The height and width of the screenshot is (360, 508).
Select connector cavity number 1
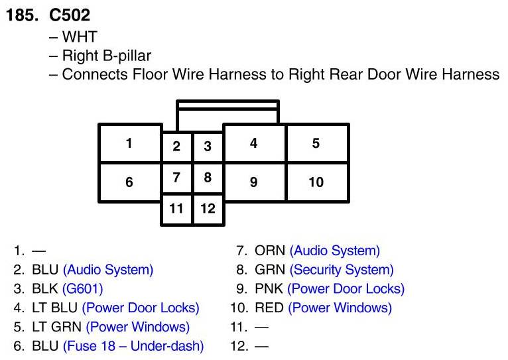[x=129, y=143]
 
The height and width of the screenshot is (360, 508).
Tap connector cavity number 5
[x=316, y=143]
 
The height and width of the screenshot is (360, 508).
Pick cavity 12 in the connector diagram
[x=208, y=209]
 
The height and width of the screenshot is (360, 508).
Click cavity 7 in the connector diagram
[x=176, y=178]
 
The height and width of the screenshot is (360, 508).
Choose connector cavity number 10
[x=316, y=182]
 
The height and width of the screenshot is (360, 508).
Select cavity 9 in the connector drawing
[x=254, y=182]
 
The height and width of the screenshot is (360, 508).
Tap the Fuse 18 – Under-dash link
[x=133, y=346]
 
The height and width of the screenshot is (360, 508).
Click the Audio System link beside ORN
[x=335, y=251]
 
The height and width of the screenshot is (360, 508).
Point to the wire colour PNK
[x=269, y=289]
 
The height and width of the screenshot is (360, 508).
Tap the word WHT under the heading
[x=79, y=37]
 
